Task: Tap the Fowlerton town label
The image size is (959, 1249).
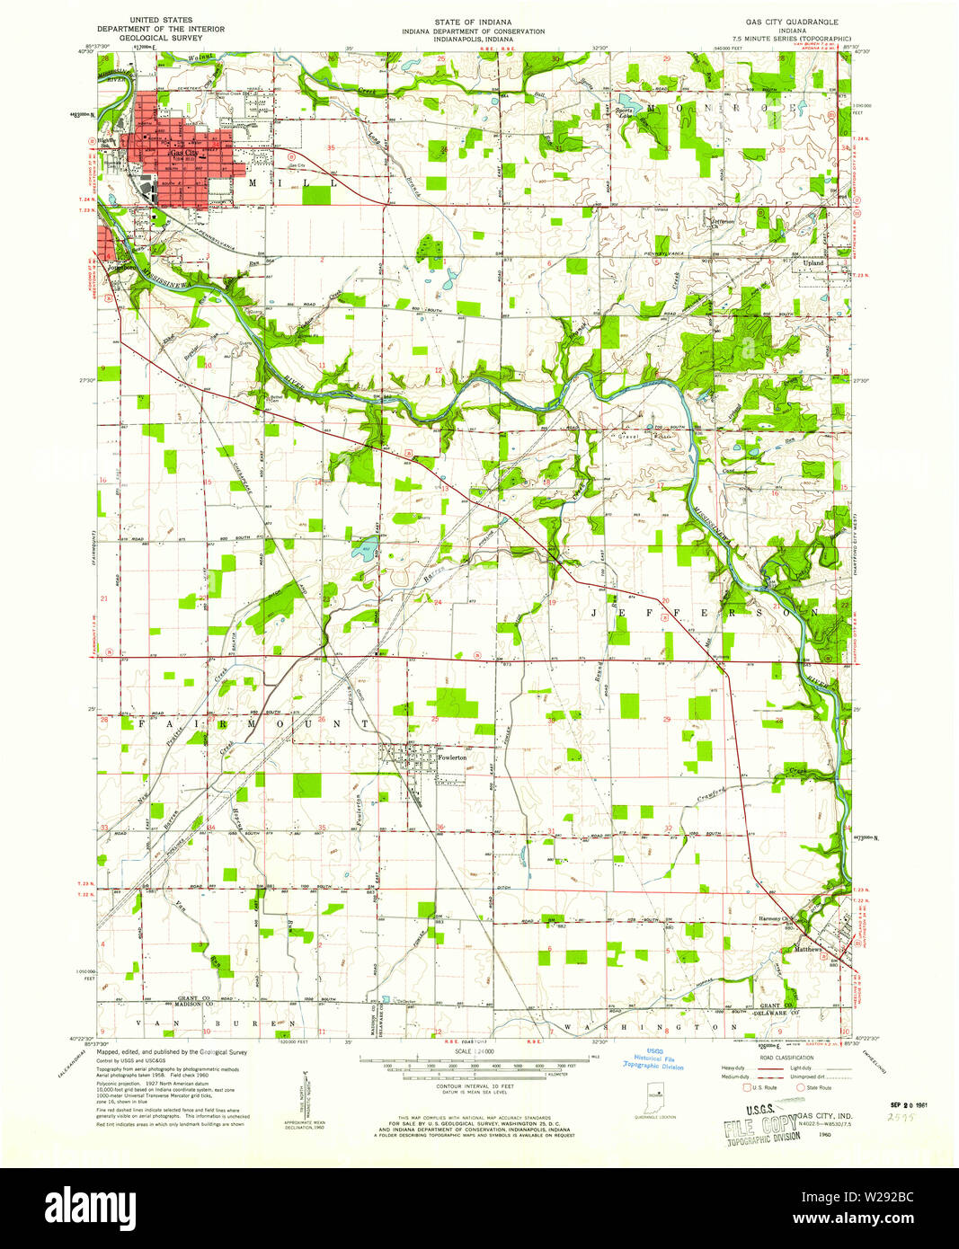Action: tap(451, 757)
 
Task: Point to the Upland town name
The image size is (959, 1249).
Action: tap(812, 262)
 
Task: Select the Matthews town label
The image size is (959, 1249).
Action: tap(807, 949)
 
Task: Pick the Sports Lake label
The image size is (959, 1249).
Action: tap(626, 112)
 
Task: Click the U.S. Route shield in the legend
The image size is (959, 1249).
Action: tap(747, 1087)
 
